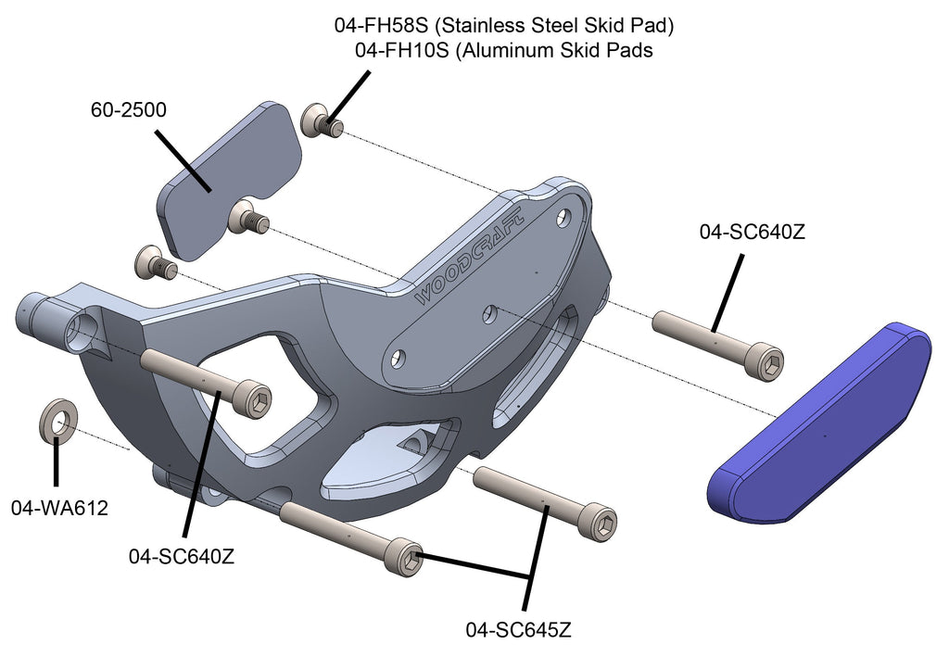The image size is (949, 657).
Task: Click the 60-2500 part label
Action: pyautogui.click(x=128, y=110)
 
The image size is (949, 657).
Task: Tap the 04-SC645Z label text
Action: pyautogui.click(x=518, y=630)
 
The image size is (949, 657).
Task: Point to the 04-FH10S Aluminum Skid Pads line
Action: pyautogui.click(x=503, y=51)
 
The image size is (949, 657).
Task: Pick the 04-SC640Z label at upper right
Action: pyautogui.click(x=752, y=233)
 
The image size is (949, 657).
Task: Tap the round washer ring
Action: pyautogui.click(x=57, y=421)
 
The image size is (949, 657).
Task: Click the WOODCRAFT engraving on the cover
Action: pyautogui.click(x=469, y=254)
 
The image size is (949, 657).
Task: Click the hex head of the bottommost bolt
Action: pyautogui.click(x=409, y=558)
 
